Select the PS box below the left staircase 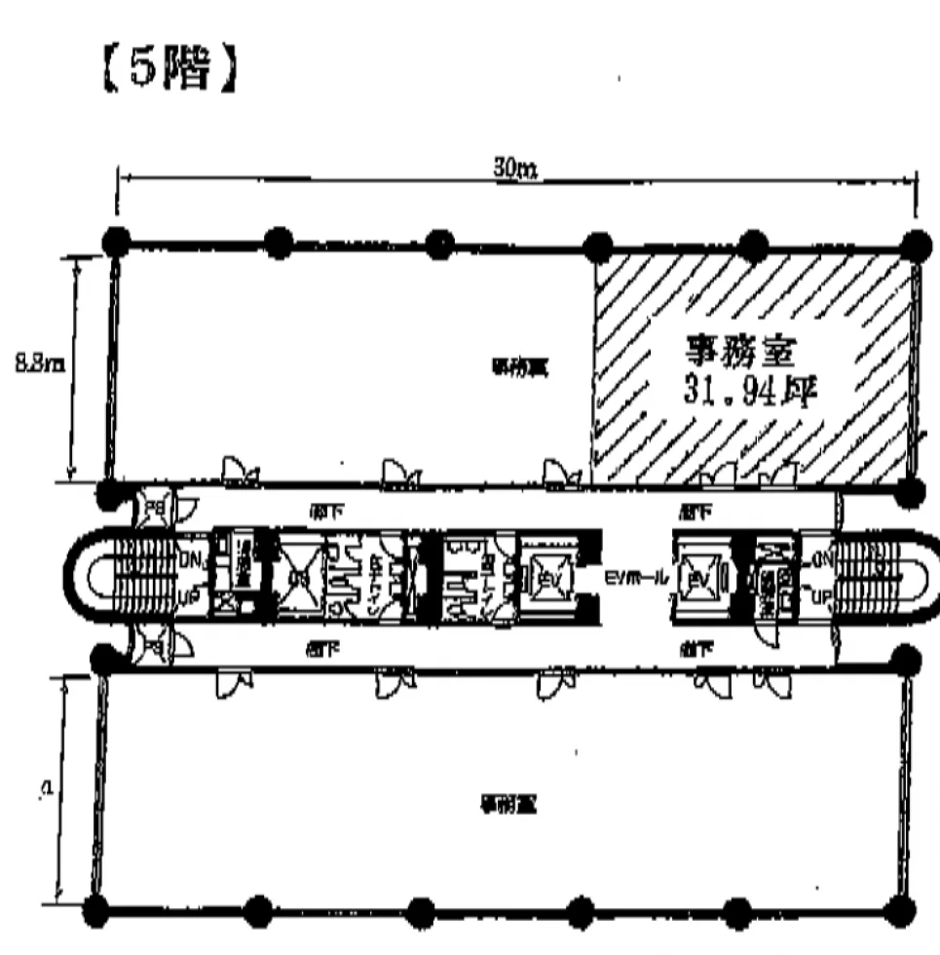click(155, 646)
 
